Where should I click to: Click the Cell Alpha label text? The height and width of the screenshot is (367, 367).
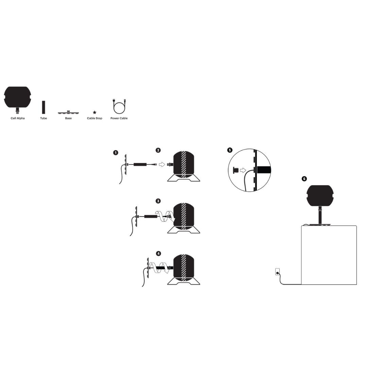tap(18, 118)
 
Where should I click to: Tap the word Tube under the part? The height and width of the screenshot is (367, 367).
tap(43, 118)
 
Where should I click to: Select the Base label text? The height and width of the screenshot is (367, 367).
tap(68, 118)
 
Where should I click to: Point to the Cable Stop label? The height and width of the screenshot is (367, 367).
tap(94, 118)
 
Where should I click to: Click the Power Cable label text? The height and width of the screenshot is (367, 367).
tap(119, 118)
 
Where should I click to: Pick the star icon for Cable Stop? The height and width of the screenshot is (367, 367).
tap(94, 112)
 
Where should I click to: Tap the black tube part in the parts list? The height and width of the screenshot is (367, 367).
tap(43, 107)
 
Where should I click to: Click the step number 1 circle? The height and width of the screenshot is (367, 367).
tap(116, 153)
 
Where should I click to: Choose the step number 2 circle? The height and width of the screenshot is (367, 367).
tap(158, 150)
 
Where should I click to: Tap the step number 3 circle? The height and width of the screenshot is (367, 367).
tap(158, 201)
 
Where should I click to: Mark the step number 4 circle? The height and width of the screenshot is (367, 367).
tap(158, 254)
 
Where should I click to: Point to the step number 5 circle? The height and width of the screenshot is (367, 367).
tap(230, 150)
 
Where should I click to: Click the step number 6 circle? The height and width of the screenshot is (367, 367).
tap(304, 179)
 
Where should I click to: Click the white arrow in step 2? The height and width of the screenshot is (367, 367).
tap(162, 164)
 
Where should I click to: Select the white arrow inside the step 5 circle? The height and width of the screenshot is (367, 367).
tap(243, 170)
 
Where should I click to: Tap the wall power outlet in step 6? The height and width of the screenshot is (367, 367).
tap(278, 272)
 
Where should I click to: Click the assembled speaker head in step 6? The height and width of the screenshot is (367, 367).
tap(320, 196)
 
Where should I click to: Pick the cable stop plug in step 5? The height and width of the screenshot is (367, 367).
tap(235, 170)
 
